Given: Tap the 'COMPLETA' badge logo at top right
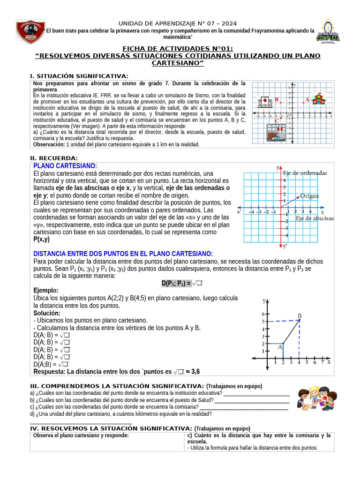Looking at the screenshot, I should (328, 32).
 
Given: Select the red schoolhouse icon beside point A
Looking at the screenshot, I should (319, 99).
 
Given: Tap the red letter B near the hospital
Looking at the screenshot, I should (277, 99).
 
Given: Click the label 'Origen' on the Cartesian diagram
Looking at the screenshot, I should (309, 196).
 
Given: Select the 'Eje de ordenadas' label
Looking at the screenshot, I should (305, 173).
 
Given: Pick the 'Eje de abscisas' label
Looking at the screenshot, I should (315, 218).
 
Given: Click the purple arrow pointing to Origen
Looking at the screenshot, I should (290, 200).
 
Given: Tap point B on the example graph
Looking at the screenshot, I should (299, 320).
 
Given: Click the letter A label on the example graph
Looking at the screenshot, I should (280, 347).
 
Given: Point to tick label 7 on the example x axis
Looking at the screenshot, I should (322, 362).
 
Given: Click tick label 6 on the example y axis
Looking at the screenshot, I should (263, 314).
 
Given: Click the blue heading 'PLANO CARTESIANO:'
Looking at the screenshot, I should (65, 166).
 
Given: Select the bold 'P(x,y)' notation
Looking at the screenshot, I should (42, 239).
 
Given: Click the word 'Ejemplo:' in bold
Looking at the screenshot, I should (46, 291).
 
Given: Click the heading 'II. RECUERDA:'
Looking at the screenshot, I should (54, 158).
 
